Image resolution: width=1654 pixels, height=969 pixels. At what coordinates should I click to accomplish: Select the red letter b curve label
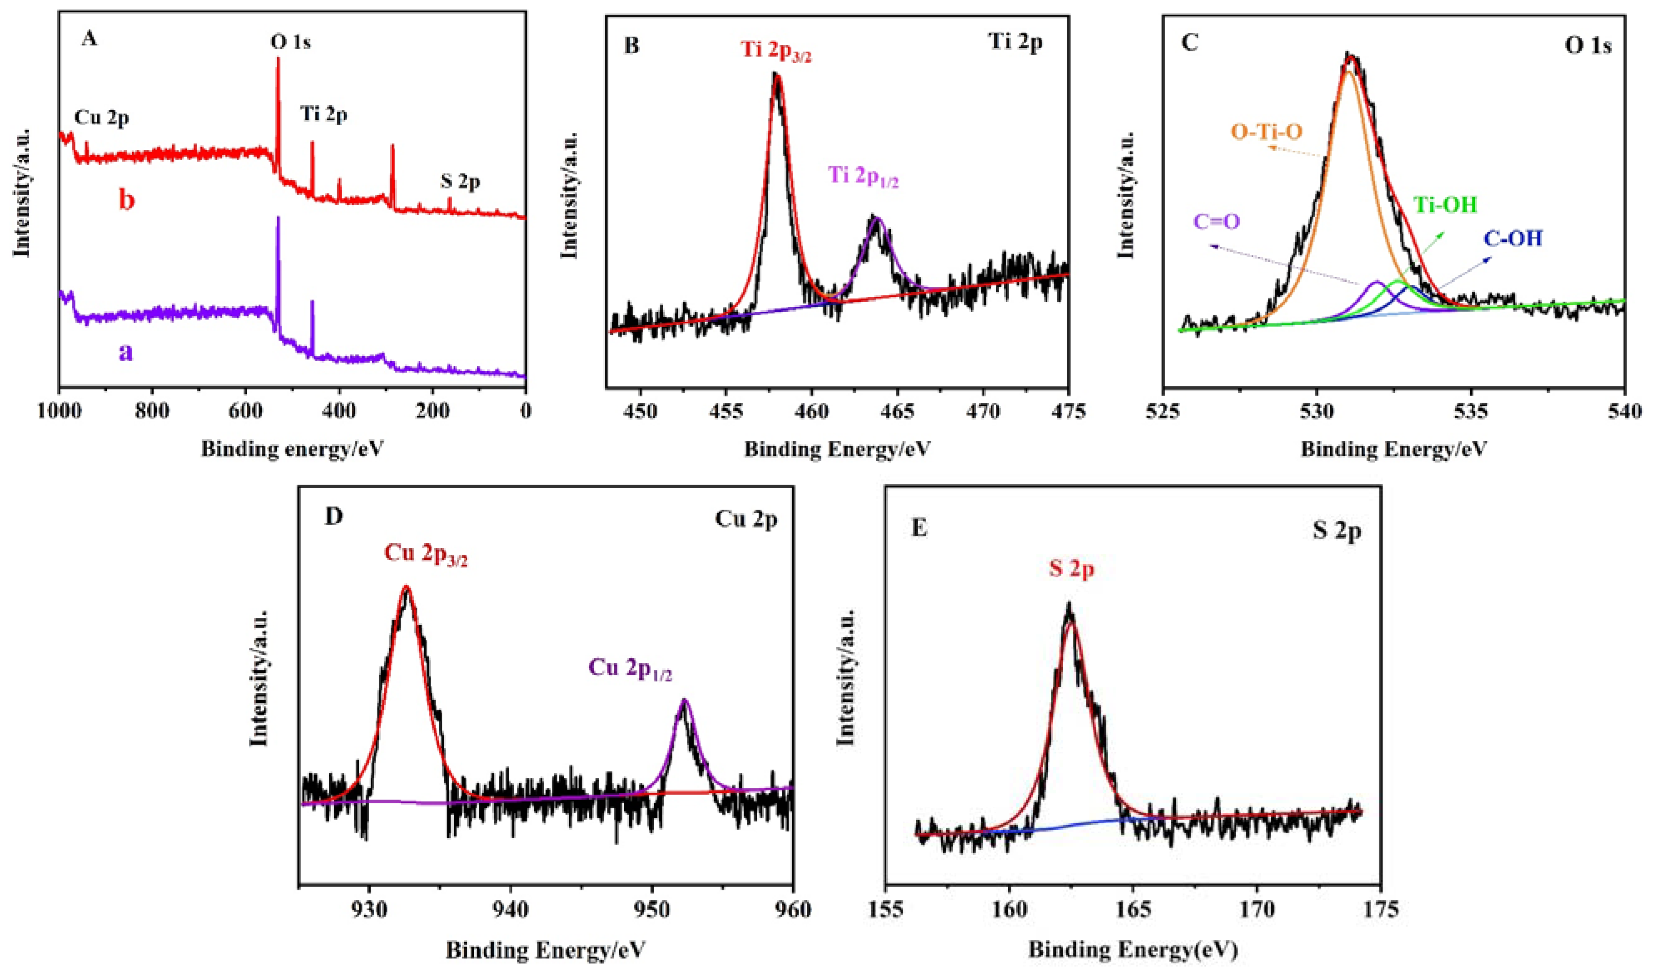tap(126, 199)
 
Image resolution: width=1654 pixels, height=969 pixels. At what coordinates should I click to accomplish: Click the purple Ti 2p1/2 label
tap(863, 176)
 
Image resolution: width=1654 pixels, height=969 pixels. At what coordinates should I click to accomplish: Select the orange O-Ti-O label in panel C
tap(1266, 132)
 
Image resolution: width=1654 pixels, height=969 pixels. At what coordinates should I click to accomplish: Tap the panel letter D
tap(334, 517)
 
